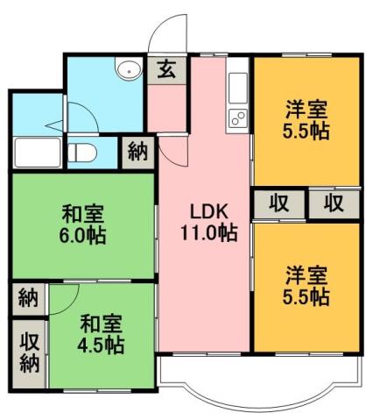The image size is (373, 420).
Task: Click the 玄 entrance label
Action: (165, 70)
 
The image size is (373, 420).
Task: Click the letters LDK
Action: (209, 211)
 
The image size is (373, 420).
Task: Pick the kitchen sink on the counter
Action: (239, 89)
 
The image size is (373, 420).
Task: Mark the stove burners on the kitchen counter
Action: (238, 119)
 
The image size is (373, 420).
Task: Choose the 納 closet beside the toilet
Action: (137, 151)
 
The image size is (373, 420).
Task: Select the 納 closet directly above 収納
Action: (29, 298)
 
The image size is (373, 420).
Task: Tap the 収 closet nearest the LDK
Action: (278, 203)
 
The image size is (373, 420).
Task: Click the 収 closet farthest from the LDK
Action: (333, 203)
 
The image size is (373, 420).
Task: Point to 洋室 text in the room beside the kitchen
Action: (306, 110)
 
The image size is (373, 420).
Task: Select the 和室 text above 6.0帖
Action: (83, 213)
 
